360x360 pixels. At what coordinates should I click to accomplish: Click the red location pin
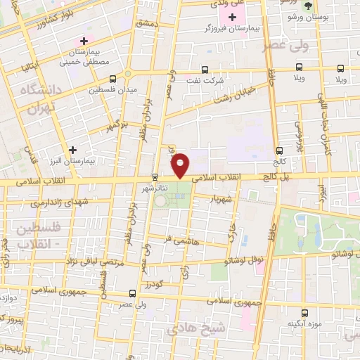[x=181, y=165]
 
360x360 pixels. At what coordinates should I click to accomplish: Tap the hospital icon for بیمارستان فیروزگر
[x=232, y=16]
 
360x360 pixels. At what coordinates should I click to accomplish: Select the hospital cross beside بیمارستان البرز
[x=73, y=150]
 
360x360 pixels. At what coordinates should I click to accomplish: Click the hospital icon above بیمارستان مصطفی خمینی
[x=85, y=42]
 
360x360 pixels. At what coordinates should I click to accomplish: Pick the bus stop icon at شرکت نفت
[x=205, y=69]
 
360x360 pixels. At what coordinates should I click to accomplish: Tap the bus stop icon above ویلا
[x=340, y=68]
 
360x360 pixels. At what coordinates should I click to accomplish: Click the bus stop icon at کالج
[x=280, y=150]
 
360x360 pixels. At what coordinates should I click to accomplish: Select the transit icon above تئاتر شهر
[x=155, y=177]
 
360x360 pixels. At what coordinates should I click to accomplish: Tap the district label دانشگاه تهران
[x=32, y=99]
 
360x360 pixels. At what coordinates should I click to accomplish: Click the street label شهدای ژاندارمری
[x=52, y=202]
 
